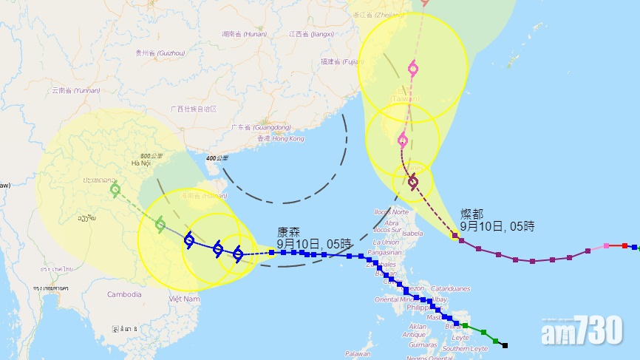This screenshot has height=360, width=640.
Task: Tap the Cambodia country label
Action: [x=123, y=294]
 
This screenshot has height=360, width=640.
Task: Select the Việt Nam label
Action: [x=185, y=299]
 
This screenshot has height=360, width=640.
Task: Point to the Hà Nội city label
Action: [x=140, y=163]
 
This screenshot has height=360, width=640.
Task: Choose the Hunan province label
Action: [x=244, y=33]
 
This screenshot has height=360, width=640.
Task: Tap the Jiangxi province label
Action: [x=308, y=33]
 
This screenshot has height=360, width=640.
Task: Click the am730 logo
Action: [x=582, y=334]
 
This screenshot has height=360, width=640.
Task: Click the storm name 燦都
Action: [x=472, y=214]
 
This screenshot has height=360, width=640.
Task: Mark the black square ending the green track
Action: [x=505, y=345]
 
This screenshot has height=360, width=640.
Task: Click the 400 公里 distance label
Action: [x=217, y=158]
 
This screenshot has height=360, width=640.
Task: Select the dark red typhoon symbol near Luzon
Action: [x=413, y=181]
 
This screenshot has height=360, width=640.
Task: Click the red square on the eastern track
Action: [x=624, y=245]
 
